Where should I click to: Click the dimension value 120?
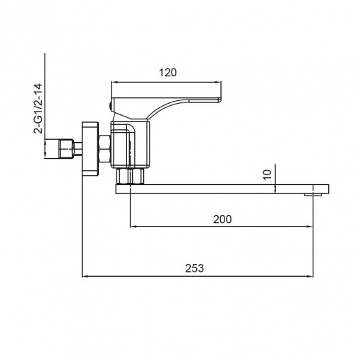(168, 73)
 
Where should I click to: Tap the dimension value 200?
(222, 220)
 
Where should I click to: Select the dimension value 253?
(194, 268)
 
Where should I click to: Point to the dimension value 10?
(268, 175)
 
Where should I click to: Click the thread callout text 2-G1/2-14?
(37, 109)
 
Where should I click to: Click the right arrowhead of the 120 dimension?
(218, 82)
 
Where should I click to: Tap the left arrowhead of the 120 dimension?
(114, 82)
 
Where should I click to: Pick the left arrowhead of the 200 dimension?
(133, 227)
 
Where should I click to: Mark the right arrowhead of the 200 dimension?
(310, 227)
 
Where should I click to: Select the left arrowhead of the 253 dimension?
(85, 277)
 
